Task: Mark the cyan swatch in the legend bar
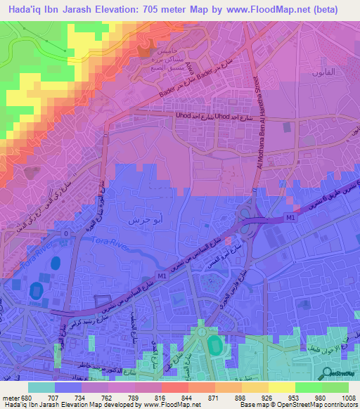point(41,387)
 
